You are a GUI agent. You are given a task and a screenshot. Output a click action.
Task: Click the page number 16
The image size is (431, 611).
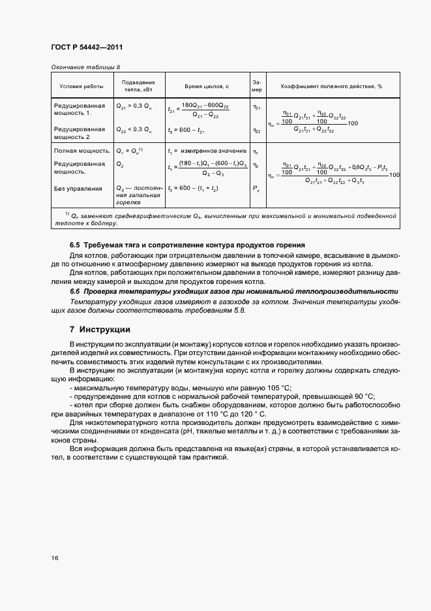[x=55, y=557]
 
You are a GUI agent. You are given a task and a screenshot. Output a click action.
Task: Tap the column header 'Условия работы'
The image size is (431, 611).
[x=82, y=86]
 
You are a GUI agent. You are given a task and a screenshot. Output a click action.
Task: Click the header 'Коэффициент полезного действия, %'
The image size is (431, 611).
[x=331, y=86]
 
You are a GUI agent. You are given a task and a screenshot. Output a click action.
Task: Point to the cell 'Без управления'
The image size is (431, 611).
[x=78, y=189]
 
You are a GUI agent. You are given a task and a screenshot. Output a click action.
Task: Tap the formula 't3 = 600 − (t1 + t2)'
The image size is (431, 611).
[x=193, y=189]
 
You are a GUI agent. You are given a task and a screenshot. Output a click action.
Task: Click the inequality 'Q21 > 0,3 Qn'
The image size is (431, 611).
[x=134, y=106]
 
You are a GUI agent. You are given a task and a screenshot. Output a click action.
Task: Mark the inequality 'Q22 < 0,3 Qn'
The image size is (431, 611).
[x=134, y=129]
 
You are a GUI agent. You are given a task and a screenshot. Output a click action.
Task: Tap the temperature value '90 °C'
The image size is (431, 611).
[x=363, y=396]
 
